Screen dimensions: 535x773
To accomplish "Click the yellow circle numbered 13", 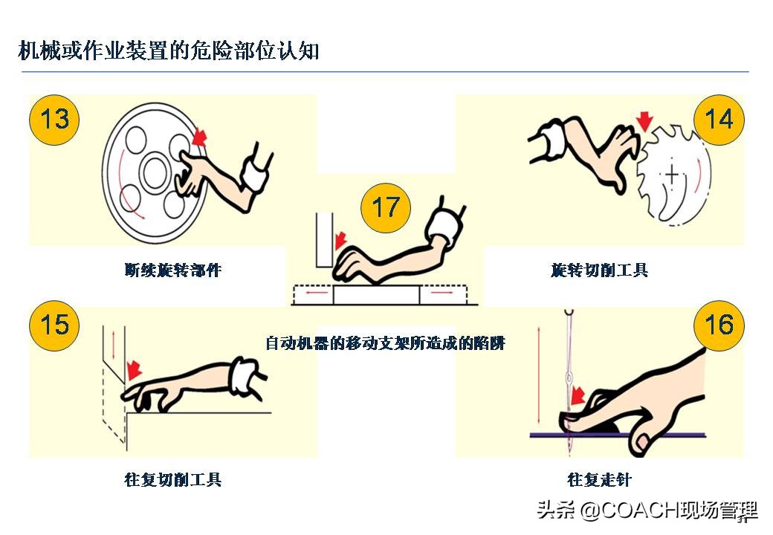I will tap(54, 119).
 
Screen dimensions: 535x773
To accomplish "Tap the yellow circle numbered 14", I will tap(718, 119).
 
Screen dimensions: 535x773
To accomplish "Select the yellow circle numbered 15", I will tap(54, 325).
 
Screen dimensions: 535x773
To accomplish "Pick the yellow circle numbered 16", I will tap(718, 325).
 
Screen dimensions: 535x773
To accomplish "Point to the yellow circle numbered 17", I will tap(385, 207).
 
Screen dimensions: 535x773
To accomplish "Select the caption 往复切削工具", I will tap(173, 479).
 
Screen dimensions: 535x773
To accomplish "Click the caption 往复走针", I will tap(599, 479).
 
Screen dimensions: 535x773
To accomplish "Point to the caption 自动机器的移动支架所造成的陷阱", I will tap(385, 343).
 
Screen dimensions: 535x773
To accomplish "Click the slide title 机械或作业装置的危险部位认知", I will tap(169, 51).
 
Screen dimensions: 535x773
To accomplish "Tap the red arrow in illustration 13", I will tap(198, 137).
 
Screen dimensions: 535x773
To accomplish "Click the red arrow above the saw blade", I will tap(644, 121).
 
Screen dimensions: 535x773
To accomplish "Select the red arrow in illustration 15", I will tap(134, 369).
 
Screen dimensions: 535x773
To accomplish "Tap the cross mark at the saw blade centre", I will tap(672, 175).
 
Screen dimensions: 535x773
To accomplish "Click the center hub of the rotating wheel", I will tap(155, 174).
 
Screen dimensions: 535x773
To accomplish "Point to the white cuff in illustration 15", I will tap(242, 375).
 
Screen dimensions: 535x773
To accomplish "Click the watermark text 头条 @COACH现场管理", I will tap(647, 510).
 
